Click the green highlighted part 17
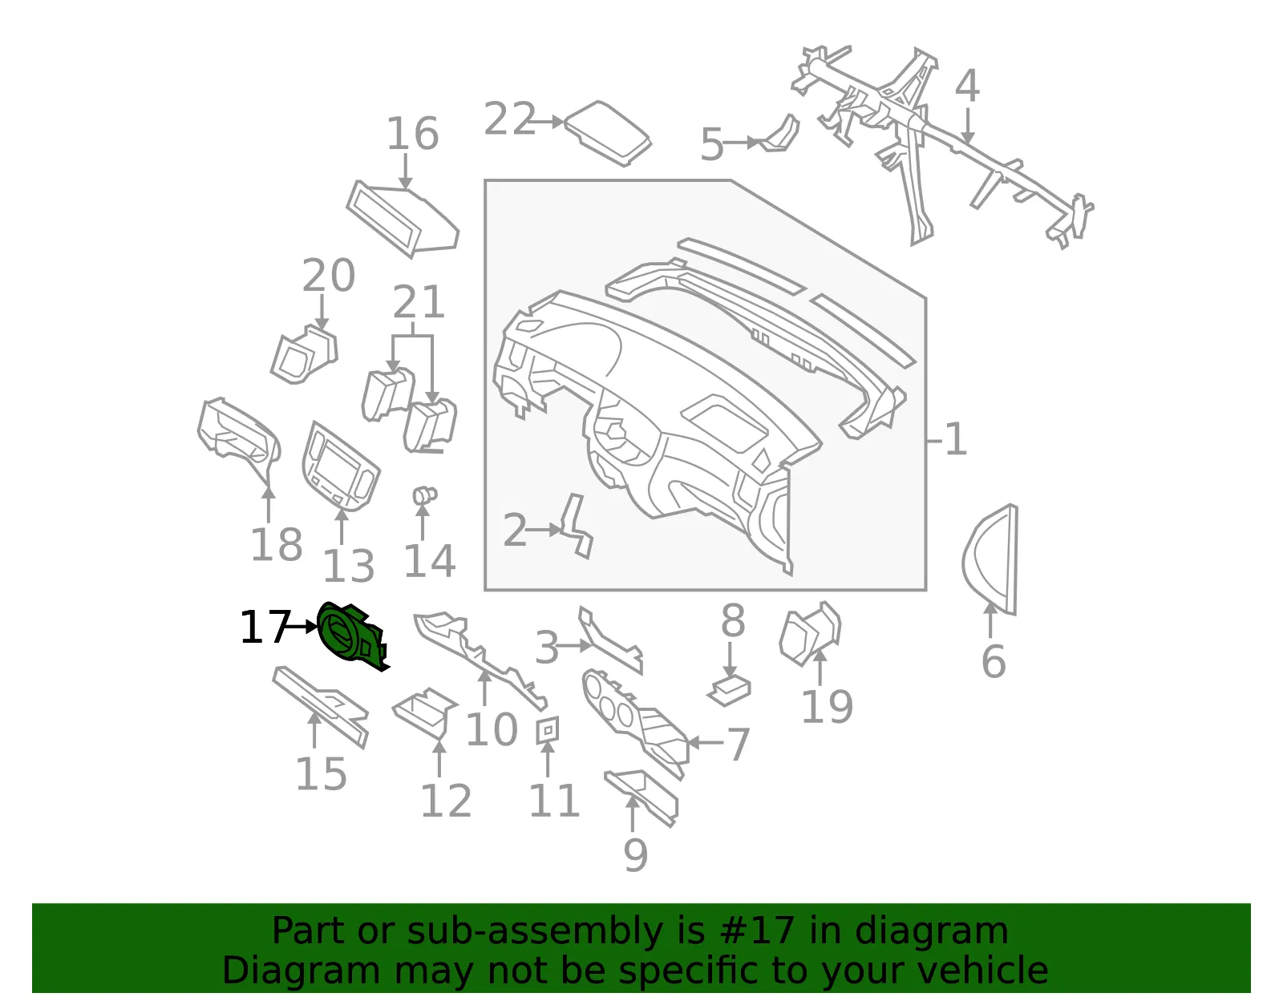point(350,637)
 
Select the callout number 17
point(265,627)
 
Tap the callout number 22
point(509,119)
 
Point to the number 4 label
point(967,85)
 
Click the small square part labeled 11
point(548,730)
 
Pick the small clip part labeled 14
point(424,495)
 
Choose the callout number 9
point(635,854)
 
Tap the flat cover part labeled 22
point(608,133)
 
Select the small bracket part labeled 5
point(780,135)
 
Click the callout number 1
point(956,439)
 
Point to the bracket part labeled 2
point(577,527)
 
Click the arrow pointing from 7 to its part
point(706,743)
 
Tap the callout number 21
point(419,302)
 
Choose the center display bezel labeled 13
point(341,465)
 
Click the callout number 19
point(828,707)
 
